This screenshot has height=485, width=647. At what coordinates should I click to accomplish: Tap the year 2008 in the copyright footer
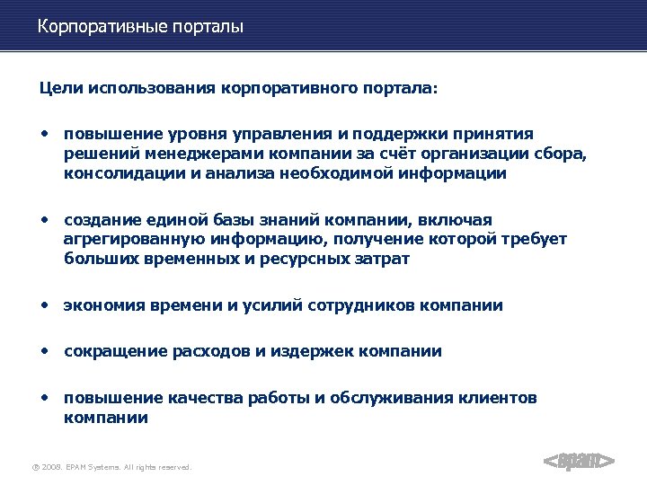pyautogui.click(x=52, y=467)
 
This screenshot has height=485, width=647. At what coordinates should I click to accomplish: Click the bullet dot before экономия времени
pyautogui.click(x=44, y=304)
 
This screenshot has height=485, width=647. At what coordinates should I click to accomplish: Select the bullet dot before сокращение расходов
pyautogui.click(x=44, y=350)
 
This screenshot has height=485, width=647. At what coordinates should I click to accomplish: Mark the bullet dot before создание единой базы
pyautogui.click(x=44, y=218)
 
